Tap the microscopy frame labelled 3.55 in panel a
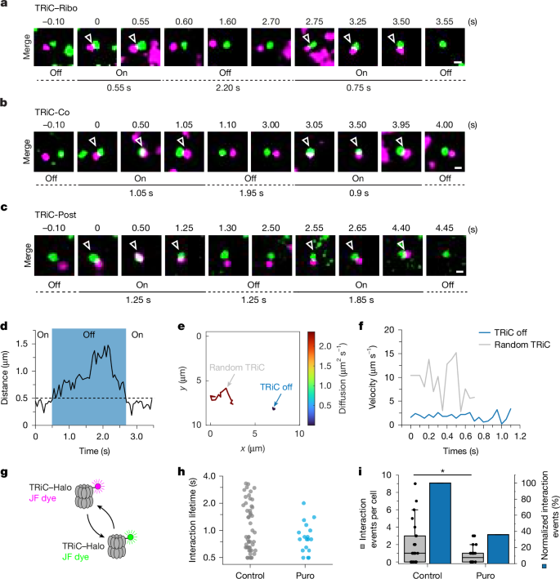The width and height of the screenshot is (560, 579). point(445,50)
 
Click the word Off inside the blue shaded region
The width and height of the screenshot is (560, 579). point(88,357)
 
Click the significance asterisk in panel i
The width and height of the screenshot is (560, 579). point(442,470)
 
